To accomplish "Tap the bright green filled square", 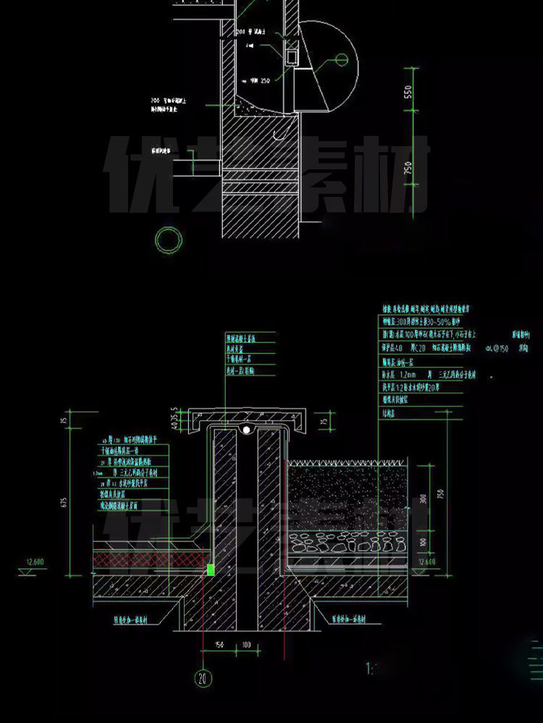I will point(211,570).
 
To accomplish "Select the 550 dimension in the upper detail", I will point(408,93).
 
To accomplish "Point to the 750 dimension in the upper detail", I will point(408,169).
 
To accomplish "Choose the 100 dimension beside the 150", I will point(246,645).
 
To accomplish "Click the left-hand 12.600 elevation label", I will point(35,562).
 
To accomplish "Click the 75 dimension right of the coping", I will point(323,420).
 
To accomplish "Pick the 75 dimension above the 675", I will point(64,421).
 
